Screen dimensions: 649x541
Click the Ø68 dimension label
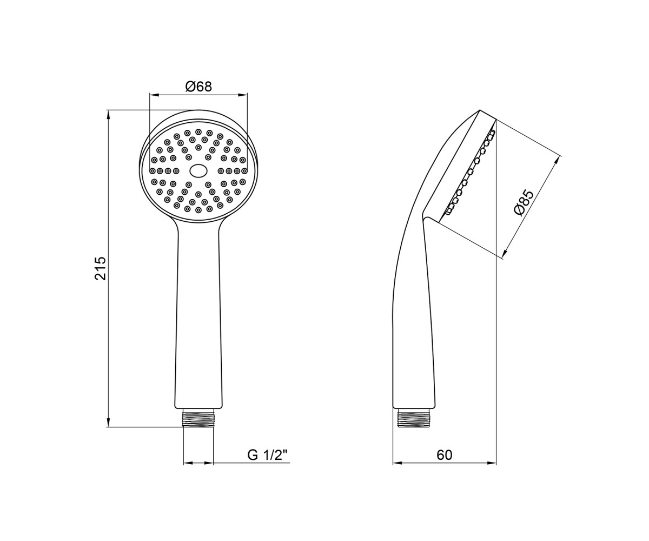198,87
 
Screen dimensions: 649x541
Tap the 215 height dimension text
101,268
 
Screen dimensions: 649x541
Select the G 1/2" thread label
267,456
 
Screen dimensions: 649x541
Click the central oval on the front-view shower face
198,171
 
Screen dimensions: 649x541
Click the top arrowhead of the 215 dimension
108,115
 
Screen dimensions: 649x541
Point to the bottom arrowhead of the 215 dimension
108,422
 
